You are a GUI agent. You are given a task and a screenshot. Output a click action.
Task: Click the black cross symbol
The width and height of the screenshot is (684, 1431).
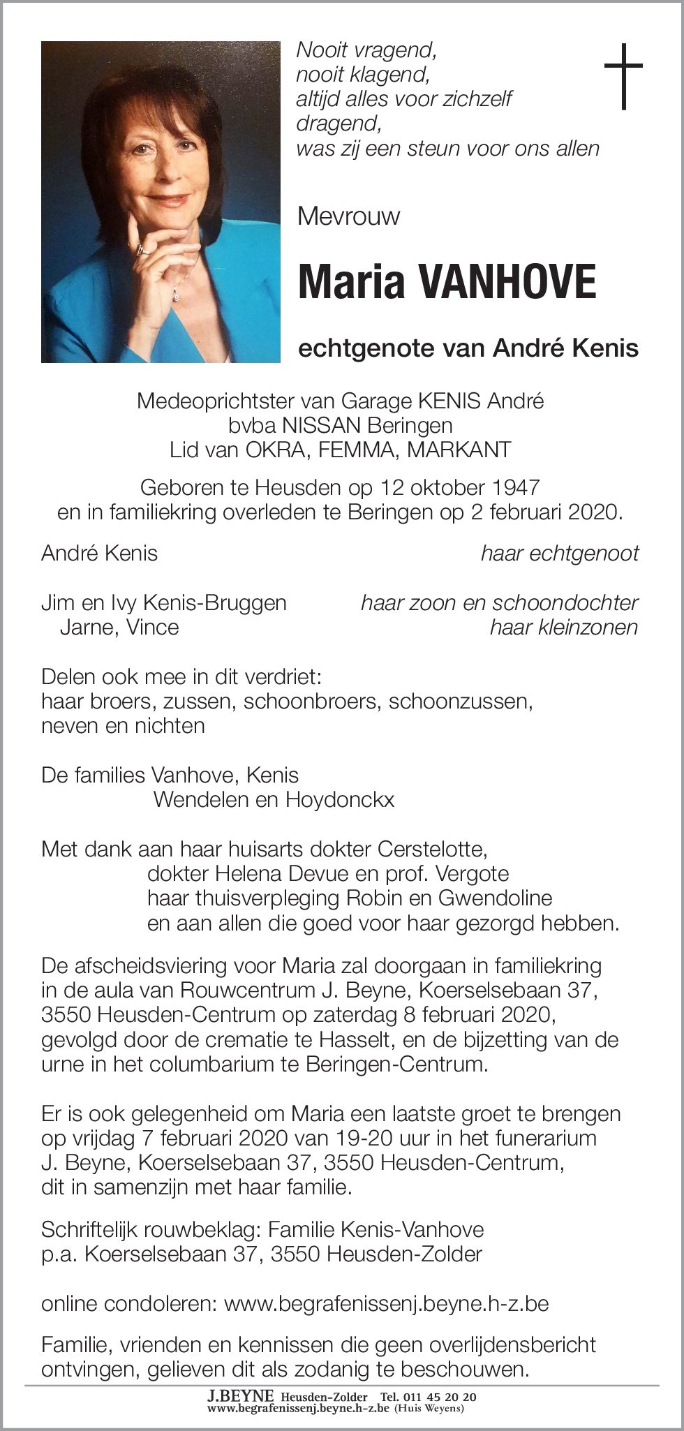[x=623, y=76]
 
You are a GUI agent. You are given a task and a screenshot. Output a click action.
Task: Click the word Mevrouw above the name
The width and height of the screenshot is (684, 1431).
[x=348, y=216]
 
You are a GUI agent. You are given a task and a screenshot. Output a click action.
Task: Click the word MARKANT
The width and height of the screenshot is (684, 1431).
[x=459, y=449]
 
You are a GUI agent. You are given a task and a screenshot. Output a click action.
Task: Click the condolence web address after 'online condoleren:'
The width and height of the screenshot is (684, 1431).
[x=387, y=1303]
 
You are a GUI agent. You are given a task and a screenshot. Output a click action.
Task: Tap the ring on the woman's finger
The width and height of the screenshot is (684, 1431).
[x=142, y=249]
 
